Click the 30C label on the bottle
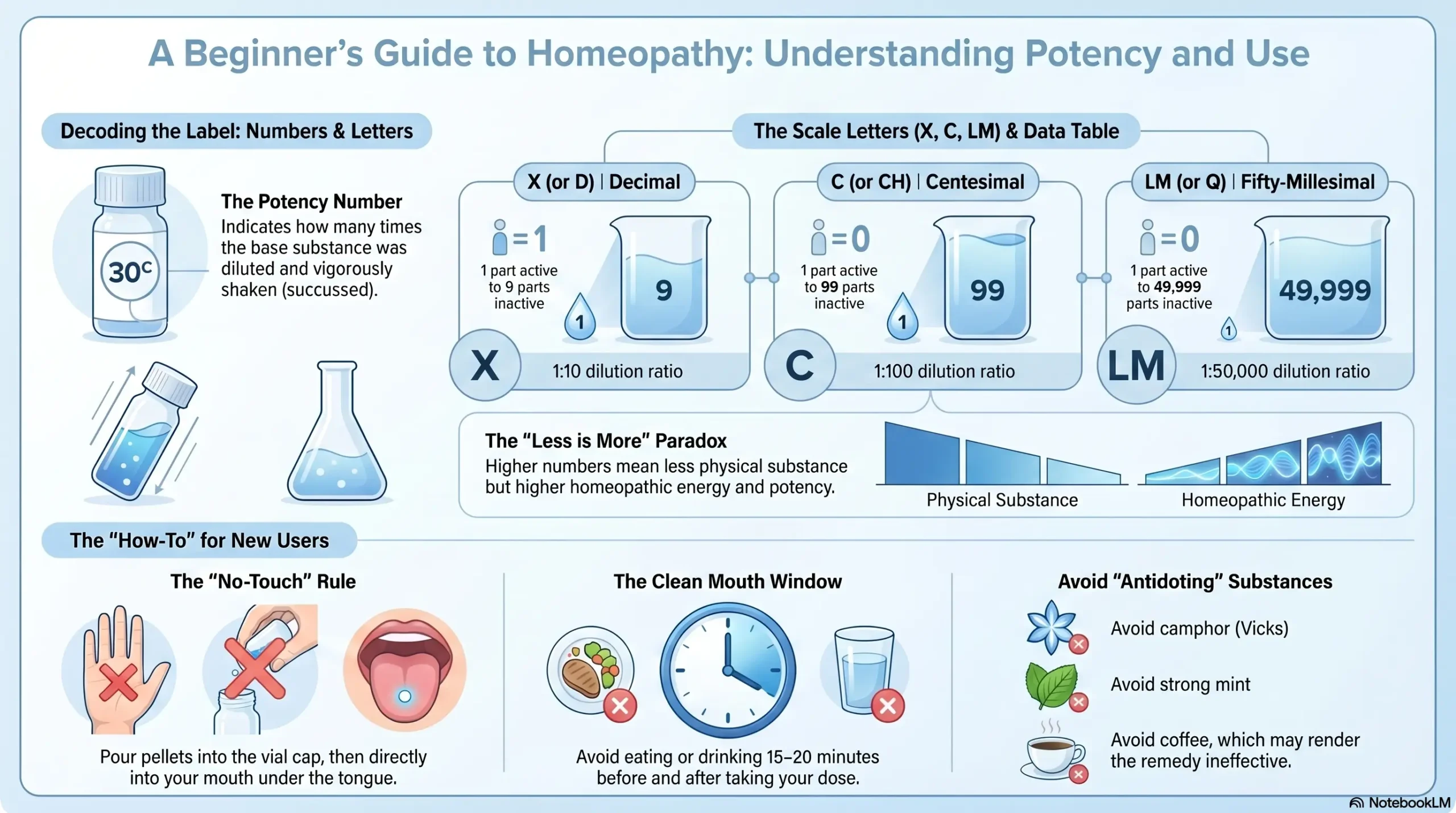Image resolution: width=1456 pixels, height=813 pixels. pos(130,272)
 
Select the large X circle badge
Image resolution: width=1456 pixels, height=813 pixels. pos(485,365)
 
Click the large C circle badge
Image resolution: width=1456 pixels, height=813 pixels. pos(800,365)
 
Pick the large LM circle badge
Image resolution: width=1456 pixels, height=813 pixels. pos(1136,365)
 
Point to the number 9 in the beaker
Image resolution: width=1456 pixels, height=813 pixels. pos(664,290)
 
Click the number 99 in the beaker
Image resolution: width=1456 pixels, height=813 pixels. pos(987,290)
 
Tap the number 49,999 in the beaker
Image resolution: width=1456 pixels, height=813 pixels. pos(1325,290)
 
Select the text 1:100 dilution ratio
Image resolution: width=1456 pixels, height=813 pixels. pos(944,372)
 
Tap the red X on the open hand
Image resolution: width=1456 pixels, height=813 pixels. pos(118,682)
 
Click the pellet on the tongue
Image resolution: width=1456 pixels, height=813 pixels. pos(404,696)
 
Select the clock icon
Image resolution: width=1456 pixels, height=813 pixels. pos(727,670)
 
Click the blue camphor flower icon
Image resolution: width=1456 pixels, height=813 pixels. pos(1051,627)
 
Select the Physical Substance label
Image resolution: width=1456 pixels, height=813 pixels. pos(1002,500)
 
